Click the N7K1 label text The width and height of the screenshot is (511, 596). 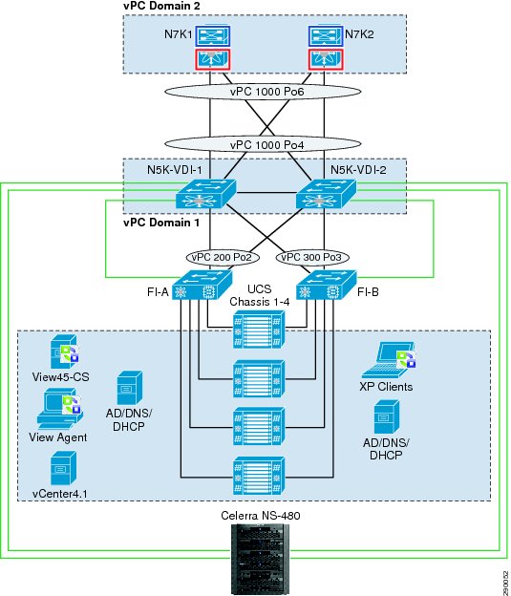coord(178,34)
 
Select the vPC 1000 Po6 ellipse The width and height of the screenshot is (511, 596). coord(263,92)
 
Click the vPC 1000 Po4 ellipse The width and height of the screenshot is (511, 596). coord(263,144)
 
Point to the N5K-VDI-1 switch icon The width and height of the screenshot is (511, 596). coord(205,194)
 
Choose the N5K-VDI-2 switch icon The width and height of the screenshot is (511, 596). coord(326,194)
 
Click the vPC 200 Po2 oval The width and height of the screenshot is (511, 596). coord(223,257)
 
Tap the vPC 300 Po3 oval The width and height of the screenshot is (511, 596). coord(312,257)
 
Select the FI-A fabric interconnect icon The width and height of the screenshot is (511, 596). coord(202,285)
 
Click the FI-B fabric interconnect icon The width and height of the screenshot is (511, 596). coord(326,285)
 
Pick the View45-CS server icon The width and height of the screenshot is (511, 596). coord(64,351)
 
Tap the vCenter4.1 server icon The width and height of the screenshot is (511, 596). coord(63,468)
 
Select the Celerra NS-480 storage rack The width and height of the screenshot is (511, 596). coord(260,559)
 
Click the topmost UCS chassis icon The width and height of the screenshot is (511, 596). coord(259,330)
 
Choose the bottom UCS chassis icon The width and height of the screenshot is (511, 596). coord(259,476)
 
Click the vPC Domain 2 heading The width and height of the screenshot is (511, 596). coord(161,6)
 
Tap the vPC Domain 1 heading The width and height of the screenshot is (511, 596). coord(161,223)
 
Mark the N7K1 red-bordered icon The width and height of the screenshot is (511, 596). coord(213,59)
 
